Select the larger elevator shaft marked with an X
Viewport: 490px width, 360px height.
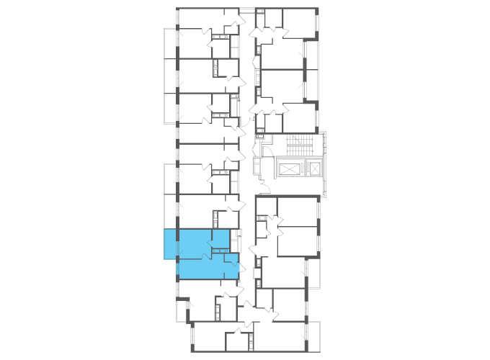pos(288,168)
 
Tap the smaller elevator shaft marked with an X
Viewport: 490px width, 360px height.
pos(314,168)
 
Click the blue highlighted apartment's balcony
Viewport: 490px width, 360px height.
pos(170,244)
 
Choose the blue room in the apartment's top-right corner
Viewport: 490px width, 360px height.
pos(220,238)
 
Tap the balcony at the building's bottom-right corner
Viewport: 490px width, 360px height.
pos(313,336)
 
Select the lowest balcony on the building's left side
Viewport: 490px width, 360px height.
pos(182,310)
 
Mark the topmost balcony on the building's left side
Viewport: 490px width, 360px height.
pos(170,43)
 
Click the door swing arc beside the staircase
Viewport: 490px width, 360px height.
pos(266,150)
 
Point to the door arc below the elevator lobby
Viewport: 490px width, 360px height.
pos(264,188)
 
